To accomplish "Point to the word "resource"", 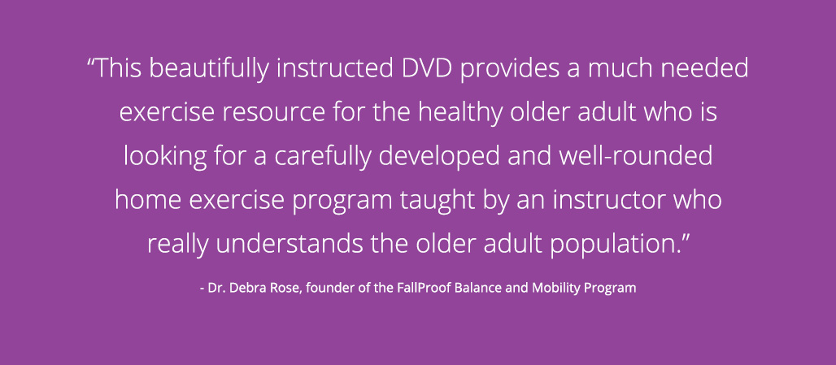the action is (273, 113).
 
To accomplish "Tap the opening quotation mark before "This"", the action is (90, 62).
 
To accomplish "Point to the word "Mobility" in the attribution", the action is (555, 289).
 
